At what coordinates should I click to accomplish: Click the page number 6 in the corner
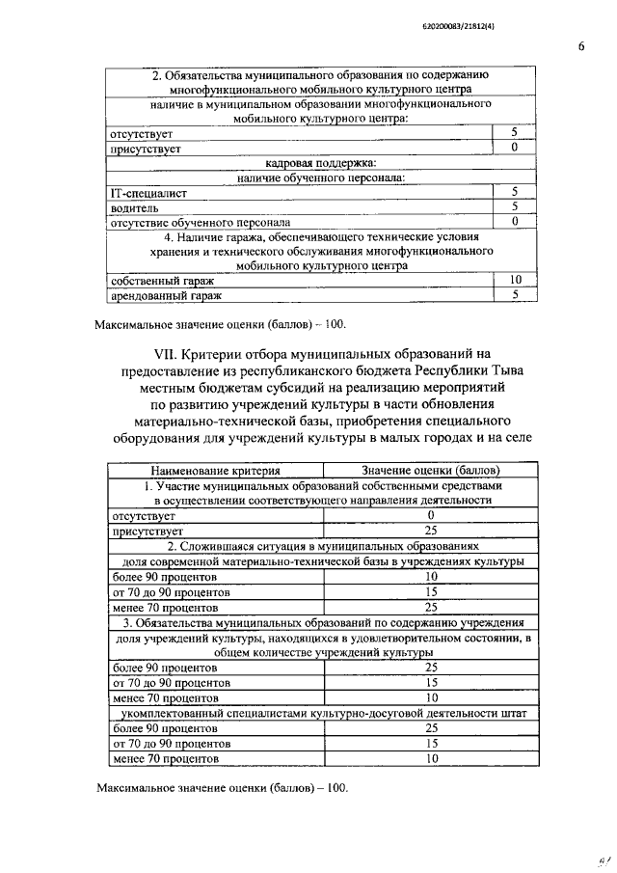[x=581, y=44]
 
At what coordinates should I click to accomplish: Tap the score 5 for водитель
[x=515, y=206]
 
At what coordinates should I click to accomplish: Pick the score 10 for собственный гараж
[x=515, y=279]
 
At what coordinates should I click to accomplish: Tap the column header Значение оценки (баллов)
[x=430, y=470]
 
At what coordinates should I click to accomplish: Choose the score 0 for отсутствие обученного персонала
[x=515, y=221]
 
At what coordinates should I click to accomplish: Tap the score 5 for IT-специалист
[x=515, y=192]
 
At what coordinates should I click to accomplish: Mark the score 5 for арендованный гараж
[x=515, y=294]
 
